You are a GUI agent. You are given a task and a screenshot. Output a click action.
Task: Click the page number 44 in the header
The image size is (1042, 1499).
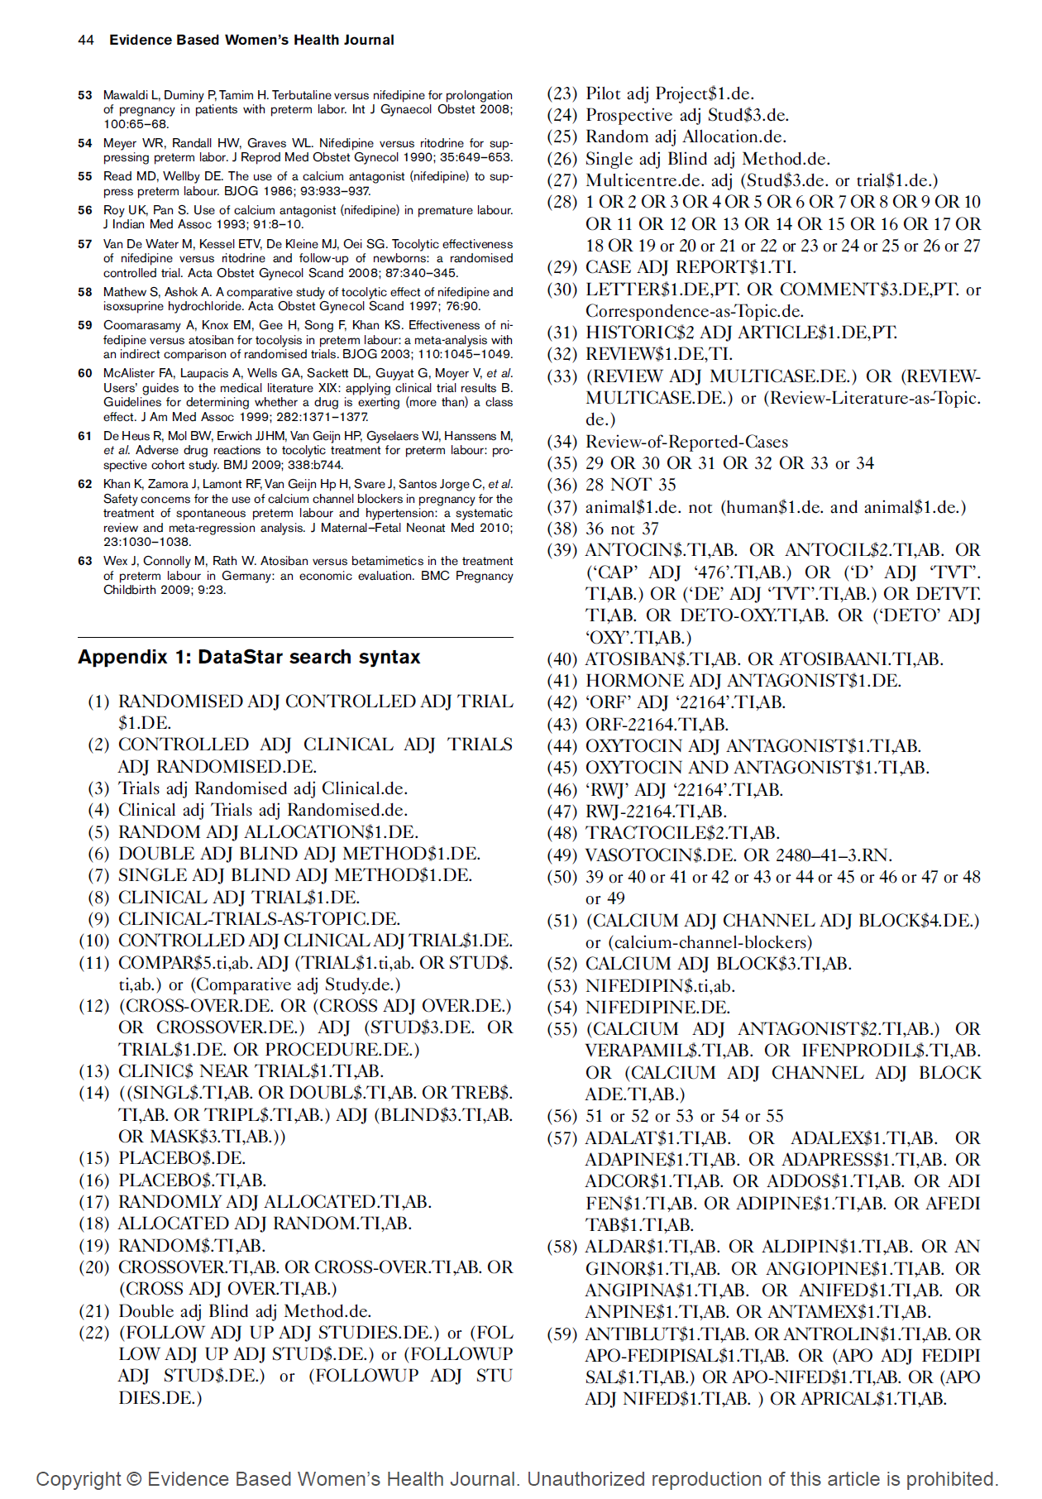[85, 40]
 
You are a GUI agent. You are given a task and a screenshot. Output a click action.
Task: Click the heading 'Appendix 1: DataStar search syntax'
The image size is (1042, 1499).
[249, 657]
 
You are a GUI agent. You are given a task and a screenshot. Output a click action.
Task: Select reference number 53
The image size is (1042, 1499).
[85, 95]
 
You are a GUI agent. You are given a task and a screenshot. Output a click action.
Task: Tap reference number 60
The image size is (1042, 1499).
[85, 373]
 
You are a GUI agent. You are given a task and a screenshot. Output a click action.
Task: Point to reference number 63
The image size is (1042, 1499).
[85, 561]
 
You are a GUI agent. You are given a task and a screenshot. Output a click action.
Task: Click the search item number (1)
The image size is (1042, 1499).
[98, 702]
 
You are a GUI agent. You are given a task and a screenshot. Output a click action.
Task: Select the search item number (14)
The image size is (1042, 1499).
[94, 1093]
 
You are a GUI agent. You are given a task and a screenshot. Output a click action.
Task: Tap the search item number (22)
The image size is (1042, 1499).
[94, 1332]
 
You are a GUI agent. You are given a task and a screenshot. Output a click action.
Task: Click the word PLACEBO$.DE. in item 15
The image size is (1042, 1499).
[182, 1158]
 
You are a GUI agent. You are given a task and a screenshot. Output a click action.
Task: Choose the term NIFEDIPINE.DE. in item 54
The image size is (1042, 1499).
[657, 1008]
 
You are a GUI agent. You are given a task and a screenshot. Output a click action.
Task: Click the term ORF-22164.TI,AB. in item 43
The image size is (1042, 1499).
[657, 725]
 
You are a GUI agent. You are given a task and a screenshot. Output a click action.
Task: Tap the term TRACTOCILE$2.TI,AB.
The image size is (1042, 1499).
[682, 833]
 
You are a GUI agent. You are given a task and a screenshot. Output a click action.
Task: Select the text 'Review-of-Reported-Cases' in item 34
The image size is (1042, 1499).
[686, 442]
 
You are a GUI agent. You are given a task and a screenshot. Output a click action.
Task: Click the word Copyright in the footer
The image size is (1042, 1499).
[78, 1479]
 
